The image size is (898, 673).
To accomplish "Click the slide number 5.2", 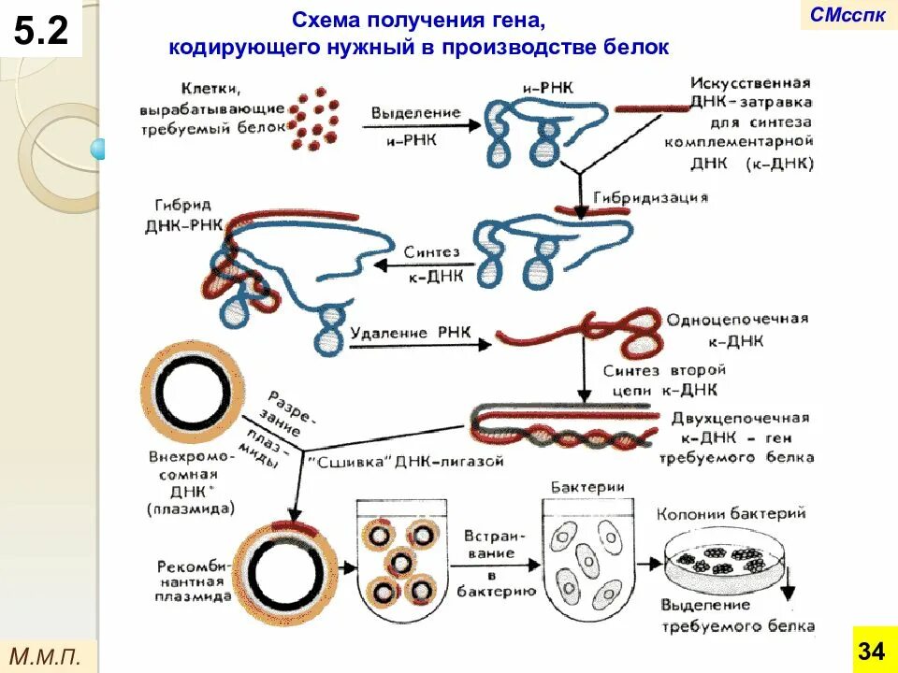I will click(x=41, y=32).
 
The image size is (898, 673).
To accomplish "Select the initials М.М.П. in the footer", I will click(x=52, y=654).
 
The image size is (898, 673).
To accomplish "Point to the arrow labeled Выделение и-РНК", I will click(x=416, y=119).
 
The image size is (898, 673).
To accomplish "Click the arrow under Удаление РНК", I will click(x=421, y=345).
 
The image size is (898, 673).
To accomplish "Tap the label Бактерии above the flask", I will click(x=587, y=487).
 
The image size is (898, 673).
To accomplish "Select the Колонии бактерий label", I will click(x=731, y=513).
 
